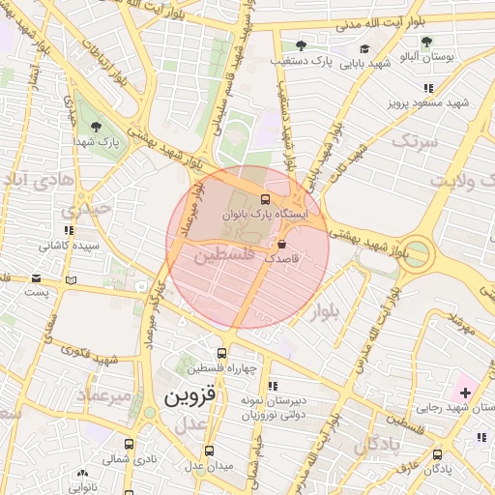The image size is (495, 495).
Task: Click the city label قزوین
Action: (x=193, y=396)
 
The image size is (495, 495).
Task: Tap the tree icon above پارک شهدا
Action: (x=95, y=126)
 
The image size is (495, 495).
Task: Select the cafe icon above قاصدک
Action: (x=281, y=245)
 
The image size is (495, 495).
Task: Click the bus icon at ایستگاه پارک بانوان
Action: (x=266, y=199)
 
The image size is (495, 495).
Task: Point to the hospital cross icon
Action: (x=466, y=392)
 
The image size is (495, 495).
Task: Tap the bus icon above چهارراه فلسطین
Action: (x=222, y=354)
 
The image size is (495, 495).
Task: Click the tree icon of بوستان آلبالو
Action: (x=425, y=42)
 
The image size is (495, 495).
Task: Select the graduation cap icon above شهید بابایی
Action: (x=364, y=48)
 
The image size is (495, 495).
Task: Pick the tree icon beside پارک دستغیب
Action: (x=301, y=45)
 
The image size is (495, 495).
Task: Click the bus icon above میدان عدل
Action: (x=210, y=451)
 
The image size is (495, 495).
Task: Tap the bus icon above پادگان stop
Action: (x=437, y=453)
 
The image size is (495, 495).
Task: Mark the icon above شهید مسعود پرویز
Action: (x=427, y=88)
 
